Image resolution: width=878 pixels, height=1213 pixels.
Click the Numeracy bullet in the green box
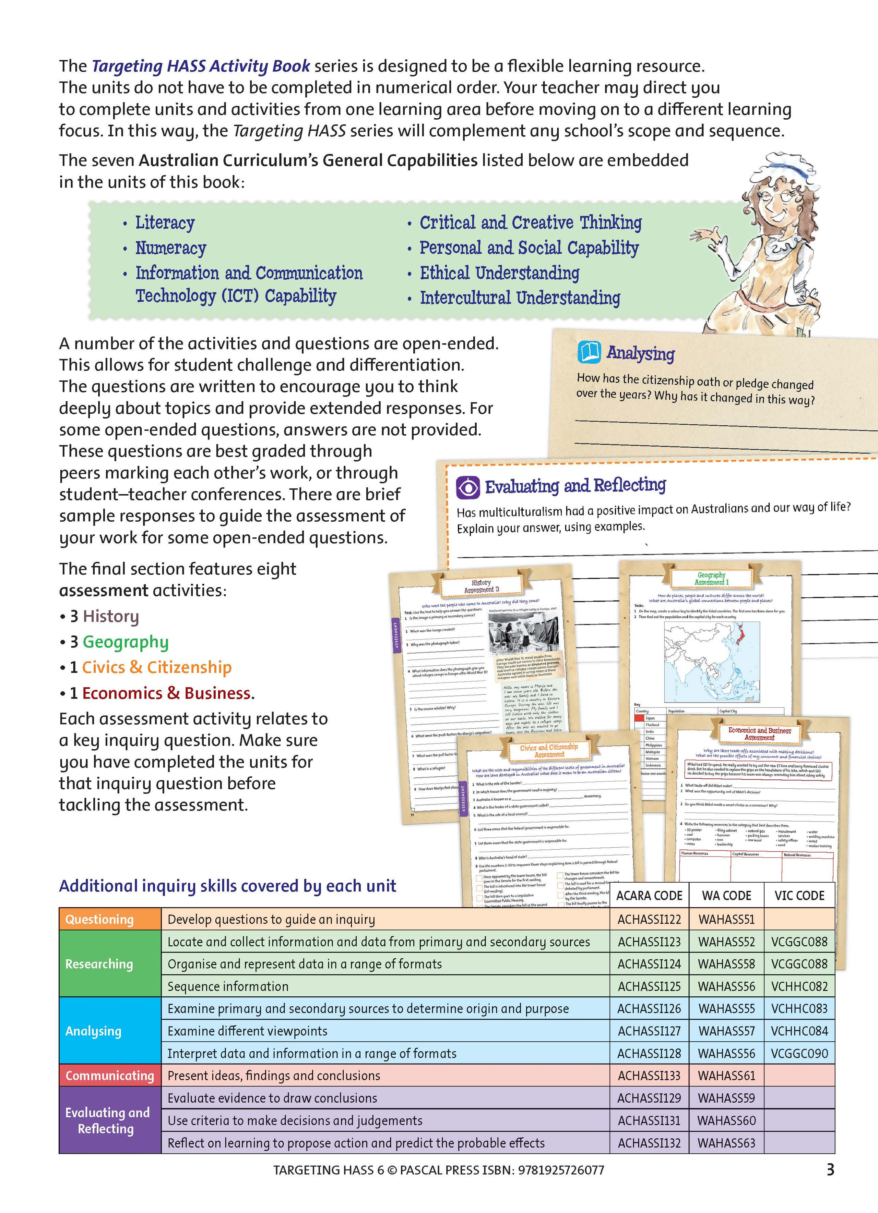coord(170,248)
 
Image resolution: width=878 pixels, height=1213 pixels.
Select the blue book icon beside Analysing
coord(590,352)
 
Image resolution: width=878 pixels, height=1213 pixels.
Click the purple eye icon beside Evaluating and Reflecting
coord(467,487)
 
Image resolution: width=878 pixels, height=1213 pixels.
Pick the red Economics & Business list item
coord(166,693)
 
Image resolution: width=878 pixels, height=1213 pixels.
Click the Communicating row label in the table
coord(110,1076)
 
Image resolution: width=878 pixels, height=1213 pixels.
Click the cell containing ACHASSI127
coord(649,1031)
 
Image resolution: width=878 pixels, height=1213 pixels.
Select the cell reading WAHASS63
coord(726,1143)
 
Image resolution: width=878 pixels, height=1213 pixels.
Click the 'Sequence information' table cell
coord(228,986)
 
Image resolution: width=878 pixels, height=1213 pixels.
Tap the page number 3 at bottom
coord(830,1170)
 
